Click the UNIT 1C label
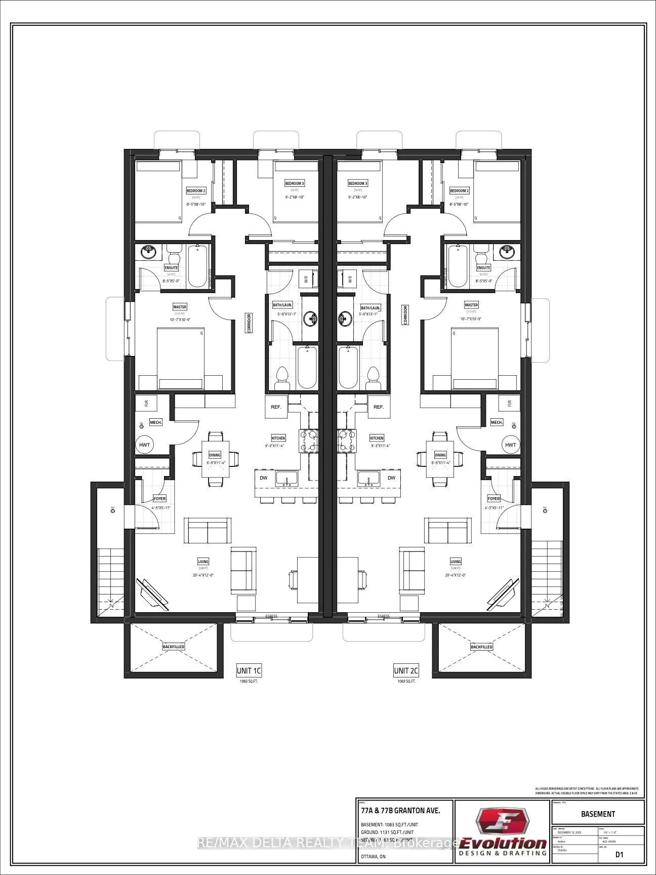(249, 670)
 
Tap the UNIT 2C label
(406, 670)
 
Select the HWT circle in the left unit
(145, 445)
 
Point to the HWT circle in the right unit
(511, 445)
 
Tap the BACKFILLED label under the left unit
(173, 647)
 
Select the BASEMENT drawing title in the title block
(598, 814)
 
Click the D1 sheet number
(619, 854)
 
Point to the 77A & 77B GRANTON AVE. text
(400, 810)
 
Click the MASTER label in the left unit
(180, 307)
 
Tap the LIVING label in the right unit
(456, 561)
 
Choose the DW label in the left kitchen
(264, 478)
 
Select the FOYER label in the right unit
(494, 499)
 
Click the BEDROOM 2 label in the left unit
(196, 191)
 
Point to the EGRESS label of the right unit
(384, 616)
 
